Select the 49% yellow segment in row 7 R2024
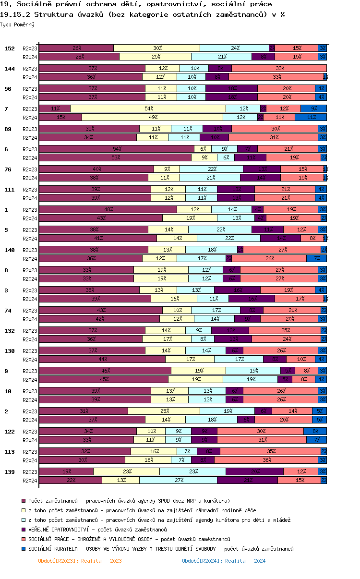coord(153,117)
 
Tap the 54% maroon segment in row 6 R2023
coord(117,149)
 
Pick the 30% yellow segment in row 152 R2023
coord(157,48)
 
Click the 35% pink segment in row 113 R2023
coord(271,451)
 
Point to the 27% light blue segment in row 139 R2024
coord(179,480)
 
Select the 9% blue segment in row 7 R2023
coord(314,109)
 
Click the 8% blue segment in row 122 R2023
coord(315,431)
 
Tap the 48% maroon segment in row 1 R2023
coord(108,209)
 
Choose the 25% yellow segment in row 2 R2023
coord(164,411)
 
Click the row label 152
coord(10,48)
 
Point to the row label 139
coord(10,472)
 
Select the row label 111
coord(10,190)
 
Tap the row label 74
coord(8,311)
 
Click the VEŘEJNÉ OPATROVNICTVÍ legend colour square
coord(24,530)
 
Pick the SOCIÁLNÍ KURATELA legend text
coord(161,549)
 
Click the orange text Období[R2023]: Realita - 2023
coord(80,561)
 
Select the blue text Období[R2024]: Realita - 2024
coord(224,561)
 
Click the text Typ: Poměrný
coord(17,24)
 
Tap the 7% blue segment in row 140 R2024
coord(317,258)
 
